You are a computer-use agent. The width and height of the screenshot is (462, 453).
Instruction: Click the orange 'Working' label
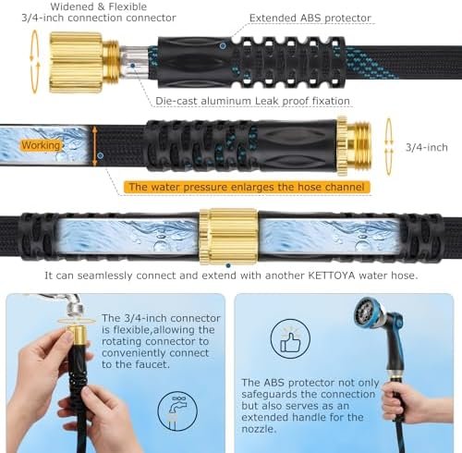click(x=41, y=145)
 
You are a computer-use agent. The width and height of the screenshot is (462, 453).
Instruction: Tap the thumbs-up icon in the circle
click(x=290, y=339)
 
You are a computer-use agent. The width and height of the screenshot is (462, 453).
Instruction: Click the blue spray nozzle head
click(x=366, y=312)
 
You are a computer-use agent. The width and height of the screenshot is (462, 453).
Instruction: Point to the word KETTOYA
click(x=332, y=275)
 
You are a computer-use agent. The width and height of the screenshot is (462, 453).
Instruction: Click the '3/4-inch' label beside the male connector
click(x=426, y=148)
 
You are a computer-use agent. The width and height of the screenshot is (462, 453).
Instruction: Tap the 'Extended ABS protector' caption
click(x=310, y=18)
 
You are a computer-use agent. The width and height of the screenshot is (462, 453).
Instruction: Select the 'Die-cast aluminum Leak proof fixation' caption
click(x=252, y=101)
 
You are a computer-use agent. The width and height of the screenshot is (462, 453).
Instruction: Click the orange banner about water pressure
click(x=247, y=188)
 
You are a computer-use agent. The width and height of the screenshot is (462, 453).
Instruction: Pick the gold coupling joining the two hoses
click(x=228, y=237)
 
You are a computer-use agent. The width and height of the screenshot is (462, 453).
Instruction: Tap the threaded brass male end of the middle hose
click(x=355, y=146)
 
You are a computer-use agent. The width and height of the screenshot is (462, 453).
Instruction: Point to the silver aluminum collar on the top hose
click(x=135, y=62)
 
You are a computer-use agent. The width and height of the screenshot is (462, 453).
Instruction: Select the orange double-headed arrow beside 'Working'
click(x=95, y=146)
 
